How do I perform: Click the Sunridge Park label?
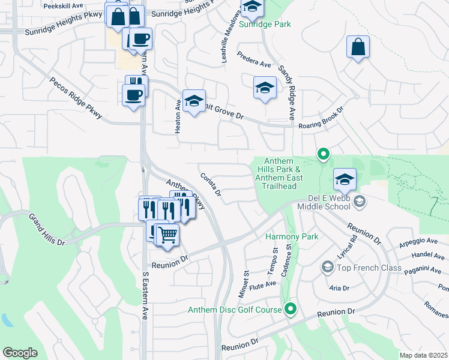pos(265,25)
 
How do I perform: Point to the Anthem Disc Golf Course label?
pos(235,310)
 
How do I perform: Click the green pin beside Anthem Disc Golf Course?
pos(291,310)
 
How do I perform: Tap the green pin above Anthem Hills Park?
pos(323,154)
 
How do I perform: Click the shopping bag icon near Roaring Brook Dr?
pos(358,48)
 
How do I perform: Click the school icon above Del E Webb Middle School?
pos(345,179)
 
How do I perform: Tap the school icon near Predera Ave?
pos(264,88)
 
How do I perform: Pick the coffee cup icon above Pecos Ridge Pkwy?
pos(133,94)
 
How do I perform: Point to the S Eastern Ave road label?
pos(145,298)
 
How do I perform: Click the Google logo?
pos(20,353)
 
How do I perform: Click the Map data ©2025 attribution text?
pos(423,355)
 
